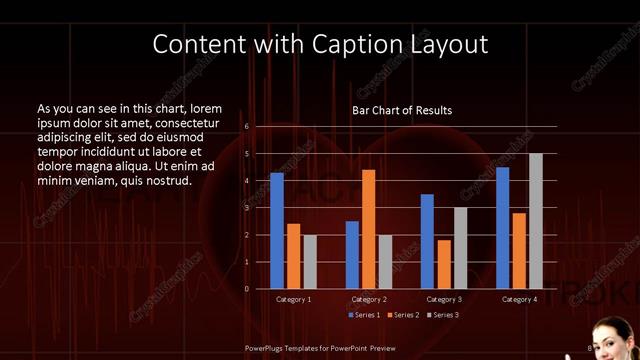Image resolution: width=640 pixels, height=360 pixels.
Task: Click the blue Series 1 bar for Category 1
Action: [x=276, y=231]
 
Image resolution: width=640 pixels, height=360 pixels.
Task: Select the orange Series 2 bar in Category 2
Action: [x=368, y=229]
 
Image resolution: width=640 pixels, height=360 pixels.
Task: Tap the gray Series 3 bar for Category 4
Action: [x=536, y=221]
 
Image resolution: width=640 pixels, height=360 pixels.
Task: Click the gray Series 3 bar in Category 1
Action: [x=310, y=262]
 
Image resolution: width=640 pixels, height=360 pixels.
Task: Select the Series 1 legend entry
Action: [x=364, y=315]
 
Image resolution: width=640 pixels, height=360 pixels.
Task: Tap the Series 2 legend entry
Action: [x=402, y=315]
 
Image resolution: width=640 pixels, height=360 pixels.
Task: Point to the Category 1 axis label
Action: [x=293, y=299]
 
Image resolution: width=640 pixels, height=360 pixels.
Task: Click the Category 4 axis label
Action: [x=519, y=299]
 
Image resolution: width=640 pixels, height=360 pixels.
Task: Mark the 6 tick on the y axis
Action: [x=246, y=127]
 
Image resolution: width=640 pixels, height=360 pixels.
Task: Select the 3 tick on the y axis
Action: [x=246, y=208]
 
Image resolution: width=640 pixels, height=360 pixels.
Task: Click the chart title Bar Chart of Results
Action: [x=402, y=110]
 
